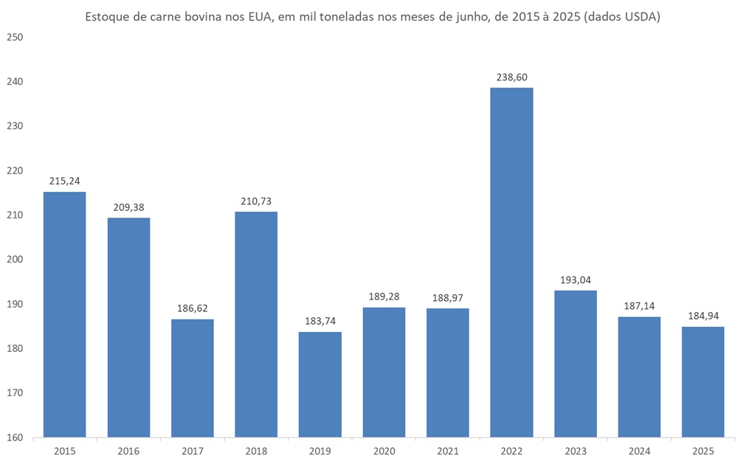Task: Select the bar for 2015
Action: click(64, 314)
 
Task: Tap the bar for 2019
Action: click(320, 384)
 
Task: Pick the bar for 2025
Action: click(702, 381)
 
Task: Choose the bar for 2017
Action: click(193, 378)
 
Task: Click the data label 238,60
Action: click(511, 77)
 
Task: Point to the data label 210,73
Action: click(256, 201)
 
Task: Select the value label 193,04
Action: click(575, 280)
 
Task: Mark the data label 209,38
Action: click(128, 207)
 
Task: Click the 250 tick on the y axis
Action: click(15, 37)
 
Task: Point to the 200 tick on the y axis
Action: click(15, 260)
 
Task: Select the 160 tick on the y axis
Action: click(15, 437)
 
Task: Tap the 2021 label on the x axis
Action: click(448, 450)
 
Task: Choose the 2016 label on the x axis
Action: click(128, 450)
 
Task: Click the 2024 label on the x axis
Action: click(639, 450)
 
